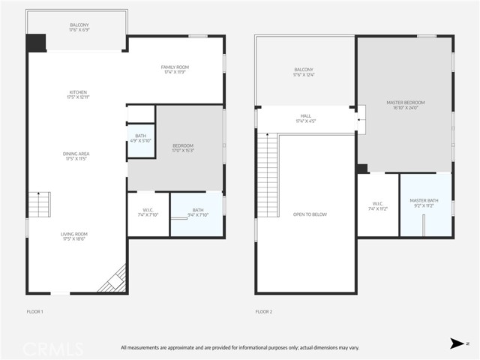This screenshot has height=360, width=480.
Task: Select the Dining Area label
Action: click(x=76, y=156)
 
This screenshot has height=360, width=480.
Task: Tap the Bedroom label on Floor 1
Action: click(x=183, y=148)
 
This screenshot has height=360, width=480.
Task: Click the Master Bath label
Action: click(x=423, y=202)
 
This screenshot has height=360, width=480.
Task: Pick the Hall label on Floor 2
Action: click(x=306, y=118)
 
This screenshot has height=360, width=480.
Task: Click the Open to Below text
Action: click(x=310, y=214)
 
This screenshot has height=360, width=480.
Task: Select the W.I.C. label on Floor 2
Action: click(x=377, y=205)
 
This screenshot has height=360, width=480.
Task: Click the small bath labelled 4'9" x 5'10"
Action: click(x=140, y=138)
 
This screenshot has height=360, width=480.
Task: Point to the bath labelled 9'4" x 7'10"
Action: click(x=197, y=212)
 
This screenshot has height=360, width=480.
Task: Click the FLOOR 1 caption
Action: click(x=34, y=310)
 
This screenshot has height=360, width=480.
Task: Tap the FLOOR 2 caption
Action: click(x=262, y=310)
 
